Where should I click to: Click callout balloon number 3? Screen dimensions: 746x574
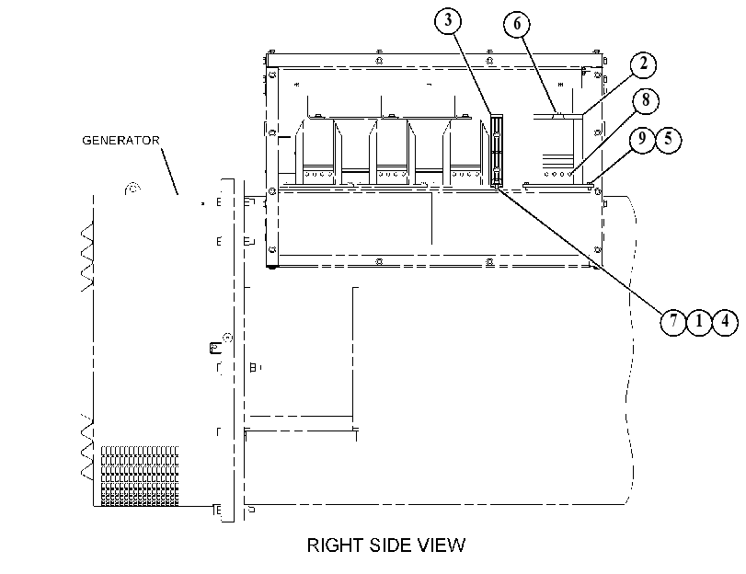coord(448,21)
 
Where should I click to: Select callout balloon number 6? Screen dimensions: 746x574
coord(517,24)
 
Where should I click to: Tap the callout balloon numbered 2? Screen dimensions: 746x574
coord(643,64)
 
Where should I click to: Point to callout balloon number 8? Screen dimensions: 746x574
coord(646,101)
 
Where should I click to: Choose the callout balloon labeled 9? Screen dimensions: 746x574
coord(642,139)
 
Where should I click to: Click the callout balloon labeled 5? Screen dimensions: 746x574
coord(668,139)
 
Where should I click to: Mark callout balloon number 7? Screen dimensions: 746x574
coord(673,322)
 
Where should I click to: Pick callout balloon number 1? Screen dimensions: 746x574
coord(699,322)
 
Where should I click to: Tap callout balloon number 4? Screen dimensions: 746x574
coord(725,322)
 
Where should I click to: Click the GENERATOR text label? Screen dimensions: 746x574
coord(121,141)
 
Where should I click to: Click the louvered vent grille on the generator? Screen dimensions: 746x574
coord(140,476)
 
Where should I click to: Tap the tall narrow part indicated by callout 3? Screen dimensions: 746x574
coord(496,150)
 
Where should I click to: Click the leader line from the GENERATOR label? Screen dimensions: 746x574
coord(170,172)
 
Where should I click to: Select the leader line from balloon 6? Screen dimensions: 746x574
coord(539,75)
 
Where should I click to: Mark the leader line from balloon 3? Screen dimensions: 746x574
coord(472,74)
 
